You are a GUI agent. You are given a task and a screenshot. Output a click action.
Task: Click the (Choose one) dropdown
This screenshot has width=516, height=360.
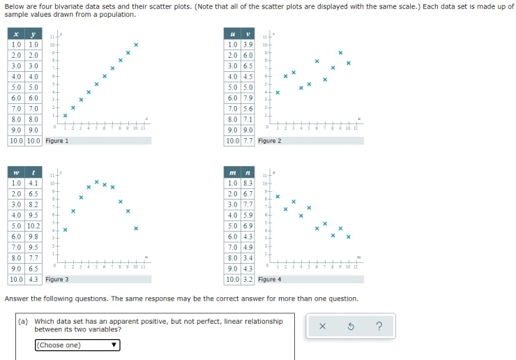77,345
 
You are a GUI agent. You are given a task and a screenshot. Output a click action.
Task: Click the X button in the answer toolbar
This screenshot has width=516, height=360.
322,327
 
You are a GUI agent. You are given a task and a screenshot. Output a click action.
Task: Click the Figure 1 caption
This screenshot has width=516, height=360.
57,141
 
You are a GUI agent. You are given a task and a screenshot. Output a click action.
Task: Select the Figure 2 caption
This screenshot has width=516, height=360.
270,141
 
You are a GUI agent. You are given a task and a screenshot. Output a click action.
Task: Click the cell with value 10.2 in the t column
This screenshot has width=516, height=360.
33,226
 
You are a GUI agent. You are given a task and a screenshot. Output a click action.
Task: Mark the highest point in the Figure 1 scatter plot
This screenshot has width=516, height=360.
136,45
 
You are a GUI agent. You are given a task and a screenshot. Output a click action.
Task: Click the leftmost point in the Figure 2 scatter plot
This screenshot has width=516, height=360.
278,91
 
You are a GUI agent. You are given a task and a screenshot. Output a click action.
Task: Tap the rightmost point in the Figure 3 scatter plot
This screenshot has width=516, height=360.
136,228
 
